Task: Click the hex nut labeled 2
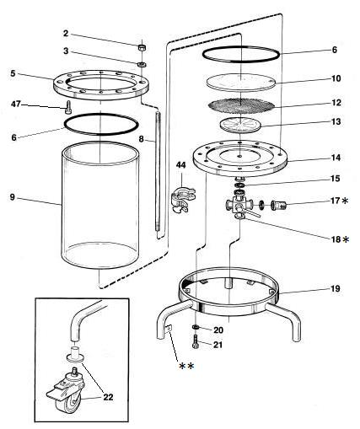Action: tap(142, 47)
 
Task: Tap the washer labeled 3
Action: tap(142, 64)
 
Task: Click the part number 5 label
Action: tap(13, 73)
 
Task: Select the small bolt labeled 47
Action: tap(67, 108)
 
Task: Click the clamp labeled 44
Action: tap(182, 200)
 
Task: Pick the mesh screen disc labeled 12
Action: tap(241, 105)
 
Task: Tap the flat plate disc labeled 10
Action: tap(241, 83)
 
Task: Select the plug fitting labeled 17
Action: tap(278, 205)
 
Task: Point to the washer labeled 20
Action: tap(196, 327)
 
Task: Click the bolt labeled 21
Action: tap(196, 342)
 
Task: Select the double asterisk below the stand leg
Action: tap(186, 366)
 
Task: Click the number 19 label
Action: tap(335, 288)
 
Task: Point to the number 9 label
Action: tap(12, 197)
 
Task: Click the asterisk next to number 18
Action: tap(346, 239)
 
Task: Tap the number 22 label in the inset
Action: tap(108, 397)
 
